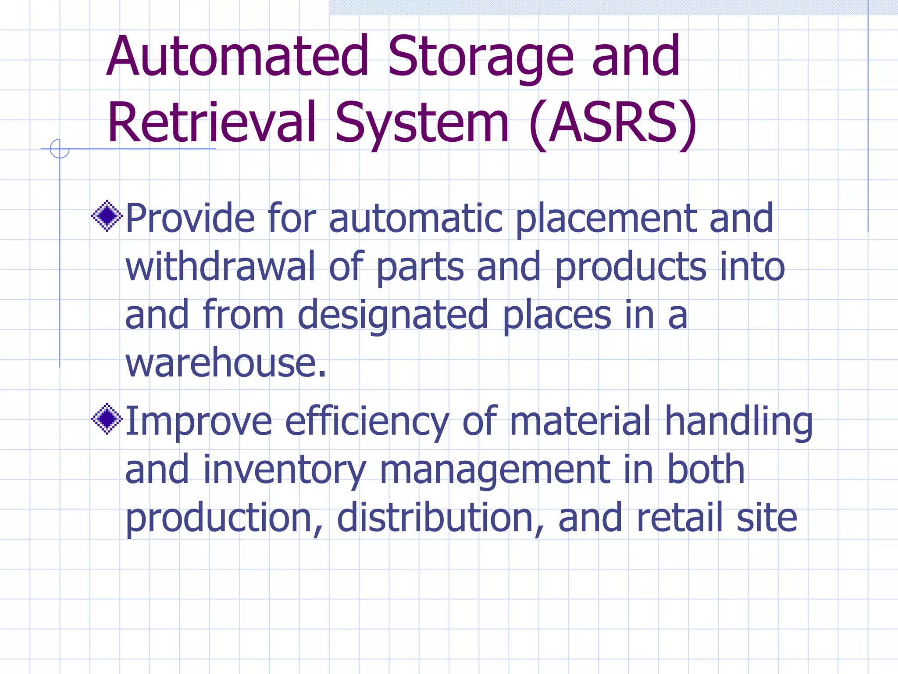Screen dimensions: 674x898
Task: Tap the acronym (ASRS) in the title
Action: [x=613, y=123]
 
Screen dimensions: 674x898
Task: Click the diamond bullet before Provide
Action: [x=107, y=215]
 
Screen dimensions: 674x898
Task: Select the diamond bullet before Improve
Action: [x=107, y=419]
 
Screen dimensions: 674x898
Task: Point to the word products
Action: [x=631, y=268]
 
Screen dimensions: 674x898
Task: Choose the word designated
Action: [x=392, y=316]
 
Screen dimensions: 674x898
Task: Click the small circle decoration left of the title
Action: [x=60, y=149]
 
